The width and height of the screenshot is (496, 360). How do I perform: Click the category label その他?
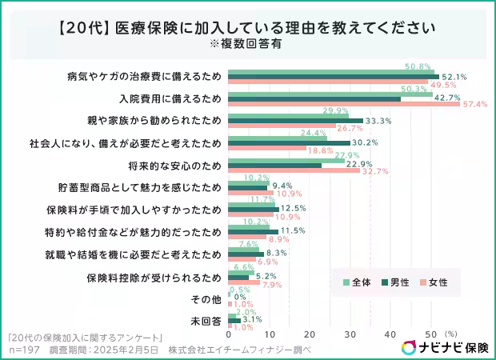pos(206,299)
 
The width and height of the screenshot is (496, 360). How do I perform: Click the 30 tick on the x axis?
pos(350,334)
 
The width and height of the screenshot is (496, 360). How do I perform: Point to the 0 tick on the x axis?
pos(230,334)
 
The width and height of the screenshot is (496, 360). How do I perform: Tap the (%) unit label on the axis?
pos(450,334)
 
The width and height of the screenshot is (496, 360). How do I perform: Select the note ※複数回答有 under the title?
pos(247,43)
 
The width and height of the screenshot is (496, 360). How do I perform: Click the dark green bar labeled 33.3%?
pos(295,121)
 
